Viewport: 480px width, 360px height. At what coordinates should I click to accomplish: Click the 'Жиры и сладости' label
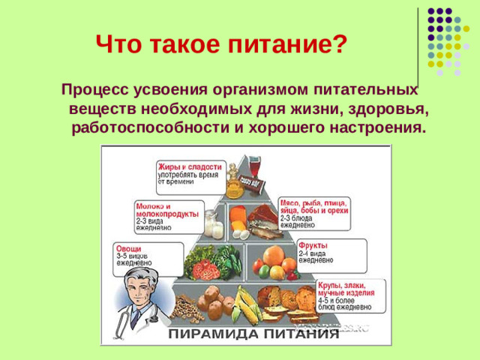(190, 166)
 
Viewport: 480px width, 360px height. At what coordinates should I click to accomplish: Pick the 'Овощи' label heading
(128, 249)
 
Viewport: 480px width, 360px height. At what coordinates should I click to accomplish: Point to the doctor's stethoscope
(124, 322)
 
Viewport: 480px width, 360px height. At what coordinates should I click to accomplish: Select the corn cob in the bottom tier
(245, 307)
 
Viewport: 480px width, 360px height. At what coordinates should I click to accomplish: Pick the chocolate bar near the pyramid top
(253, 182)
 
